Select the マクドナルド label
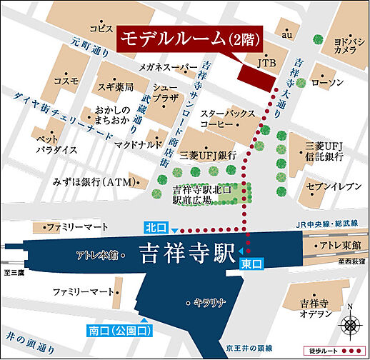[137, 143]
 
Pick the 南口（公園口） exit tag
[121, 330]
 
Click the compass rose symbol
[351, 322]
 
